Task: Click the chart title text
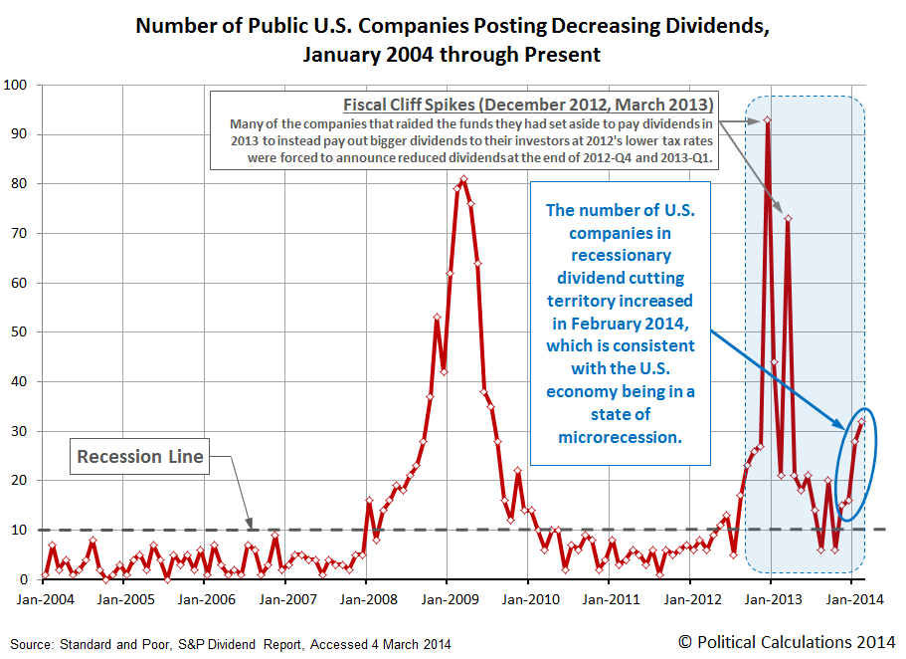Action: click(452, 40)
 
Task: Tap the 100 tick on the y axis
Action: click(18, 85)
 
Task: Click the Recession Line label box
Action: click(140, 457)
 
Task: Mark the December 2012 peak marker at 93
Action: click(767, 119)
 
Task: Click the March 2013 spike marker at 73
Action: click(788, 218)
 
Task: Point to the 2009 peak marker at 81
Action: click(464, 179)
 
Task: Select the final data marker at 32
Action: click(862, 421)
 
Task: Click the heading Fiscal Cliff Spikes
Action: click(529, 105)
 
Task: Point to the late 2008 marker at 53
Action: click(438, 318)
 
